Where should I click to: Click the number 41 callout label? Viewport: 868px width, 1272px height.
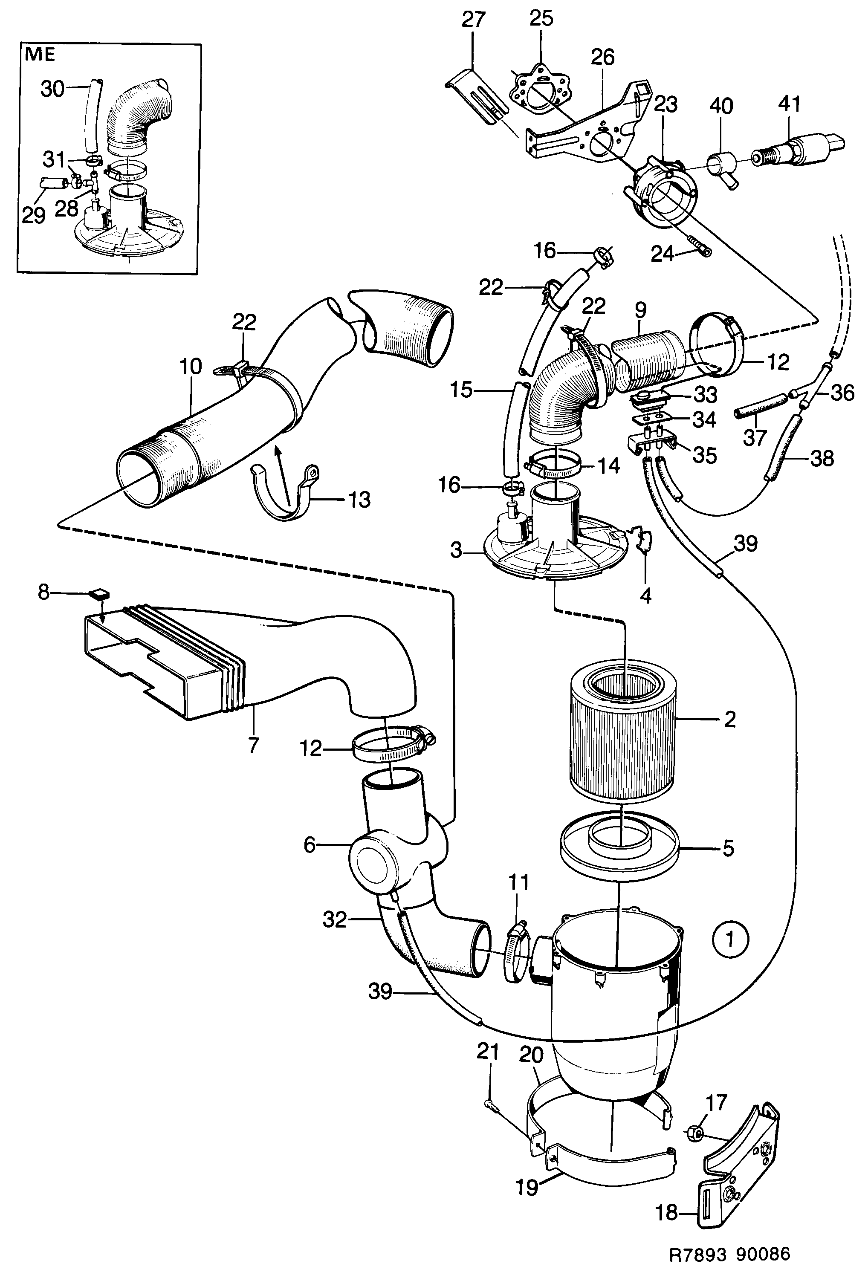point(789,104)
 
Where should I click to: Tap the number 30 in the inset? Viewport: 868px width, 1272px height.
point(52,89)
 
